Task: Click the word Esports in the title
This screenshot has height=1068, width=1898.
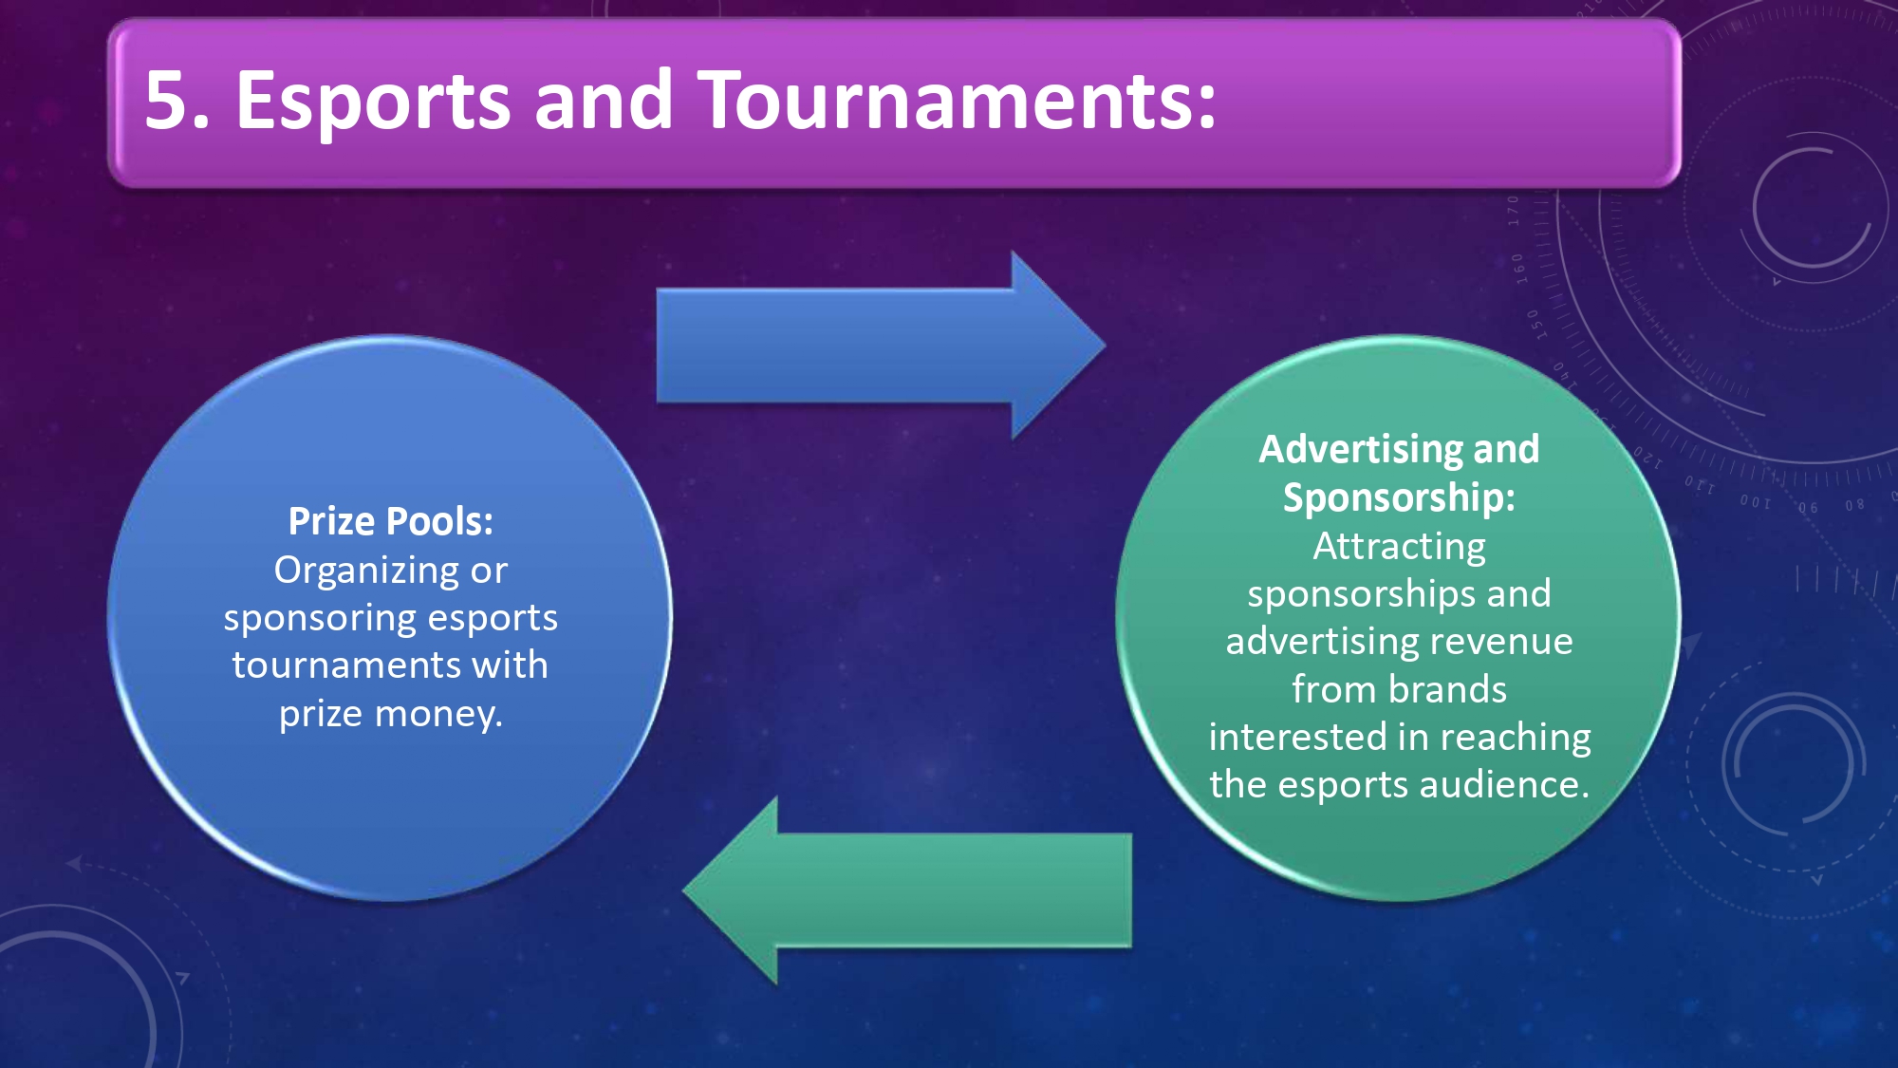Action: pos(373,102)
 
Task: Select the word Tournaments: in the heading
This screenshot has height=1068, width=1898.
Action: pos(958,100)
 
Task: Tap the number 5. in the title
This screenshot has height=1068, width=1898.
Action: pos(177,100)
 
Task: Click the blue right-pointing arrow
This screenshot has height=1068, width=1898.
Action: pos(881,346)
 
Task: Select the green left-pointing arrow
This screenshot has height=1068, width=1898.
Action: pos(907,890)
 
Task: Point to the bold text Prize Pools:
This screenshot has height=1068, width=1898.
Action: pos(391,521)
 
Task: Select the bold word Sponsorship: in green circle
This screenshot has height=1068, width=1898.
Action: pos(1400,498)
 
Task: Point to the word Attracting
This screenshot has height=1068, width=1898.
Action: pos(1400,548)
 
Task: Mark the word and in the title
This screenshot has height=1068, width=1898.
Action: pos(605,100)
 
